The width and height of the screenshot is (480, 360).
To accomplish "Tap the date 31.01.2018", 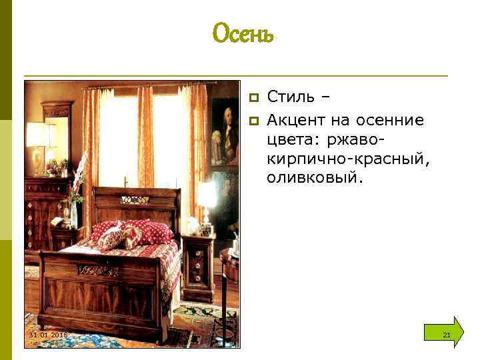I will click(x=47, y=334).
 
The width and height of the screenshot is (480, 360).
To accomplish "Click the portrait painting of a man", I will click(x=224, y=133).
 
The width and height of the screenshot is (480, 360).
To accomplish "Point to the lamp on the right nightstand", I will click(x=207, y=200).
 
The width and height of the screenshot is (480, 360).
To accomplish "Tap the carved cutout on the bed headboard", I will click(x=135, y=199).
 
